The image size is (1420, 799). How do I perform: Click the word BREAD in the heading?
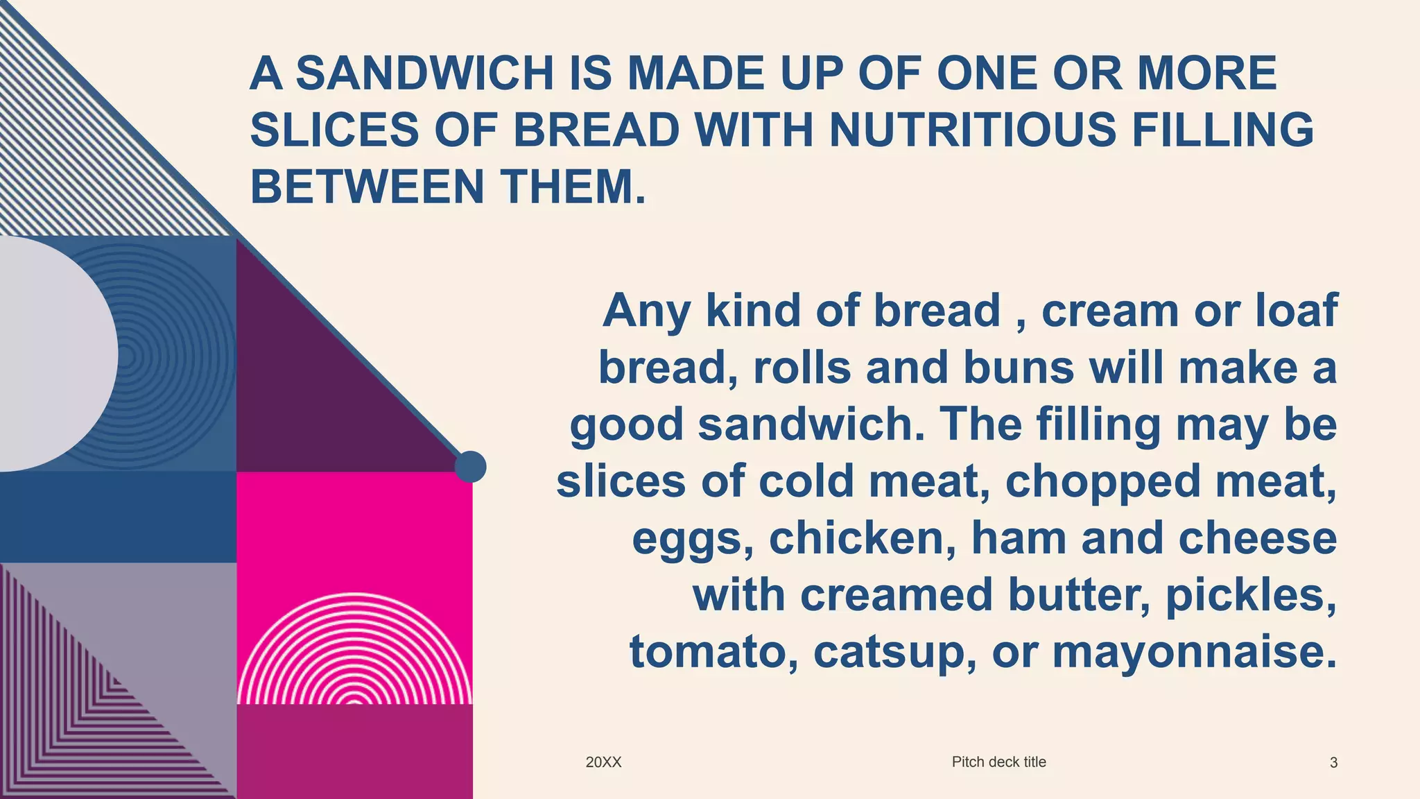[596, 130]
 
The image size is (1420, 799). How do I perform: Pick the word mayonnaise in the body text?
[1194, 653]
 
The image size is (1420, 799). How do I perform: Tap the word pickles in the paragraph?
[1251, 596]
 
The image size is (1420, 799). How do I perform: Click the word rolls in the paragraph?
[802, 368]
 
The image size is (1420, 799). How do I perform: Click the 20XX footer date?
[603, 762]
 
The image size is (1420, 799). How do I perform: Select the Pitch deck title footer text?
[998, 762]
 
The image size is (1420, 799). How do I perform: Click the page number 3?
[1333, 763]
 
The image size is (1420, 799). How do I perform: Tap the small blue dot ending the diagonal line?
[470, 467]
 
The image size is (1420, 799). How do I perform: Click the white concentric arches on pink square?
[354, 652]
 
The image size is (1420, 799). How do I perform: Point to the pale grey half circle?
[55, 354]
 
